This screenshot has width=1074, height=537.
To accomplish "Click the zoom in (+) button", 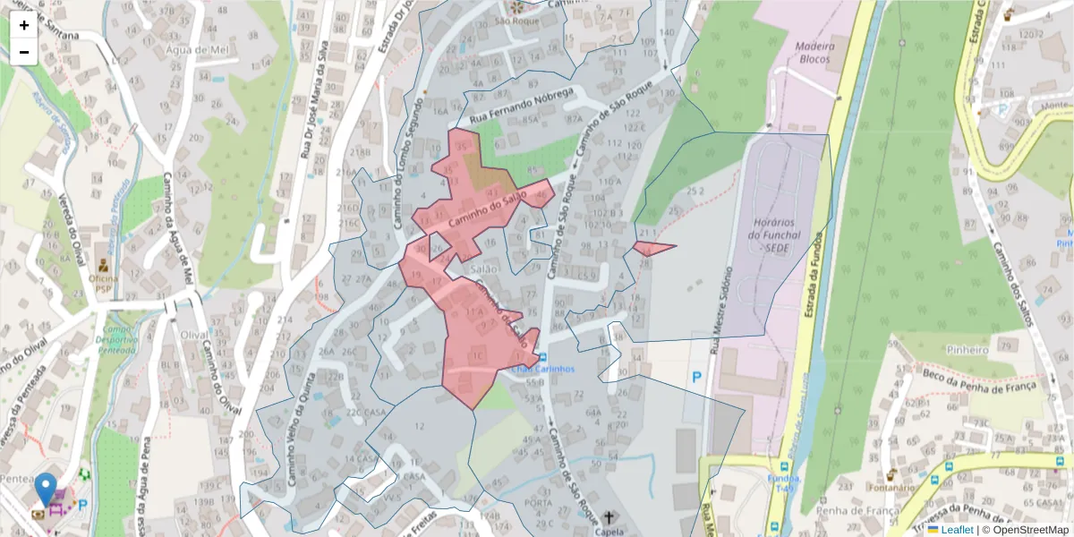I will point(24,25).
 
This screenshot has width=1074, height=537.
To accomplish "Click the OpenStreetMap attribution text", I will point(1028,530).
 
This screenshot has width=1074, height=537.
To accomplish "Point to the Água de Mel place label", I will point(199,50).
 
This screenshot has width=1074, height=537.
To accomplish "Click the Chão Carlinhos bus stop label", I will point(542,369).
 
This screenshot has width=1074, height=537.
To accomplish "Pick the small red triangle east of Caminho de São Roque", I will point(651,248).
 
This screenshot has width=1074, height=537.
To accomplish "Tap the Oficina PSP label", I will point(104,284).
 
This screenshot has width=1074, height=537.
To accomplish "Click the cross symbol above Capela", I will point(610,517).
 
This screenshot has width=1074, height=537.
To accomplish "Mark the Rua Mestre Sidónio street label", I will point(721,309).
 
